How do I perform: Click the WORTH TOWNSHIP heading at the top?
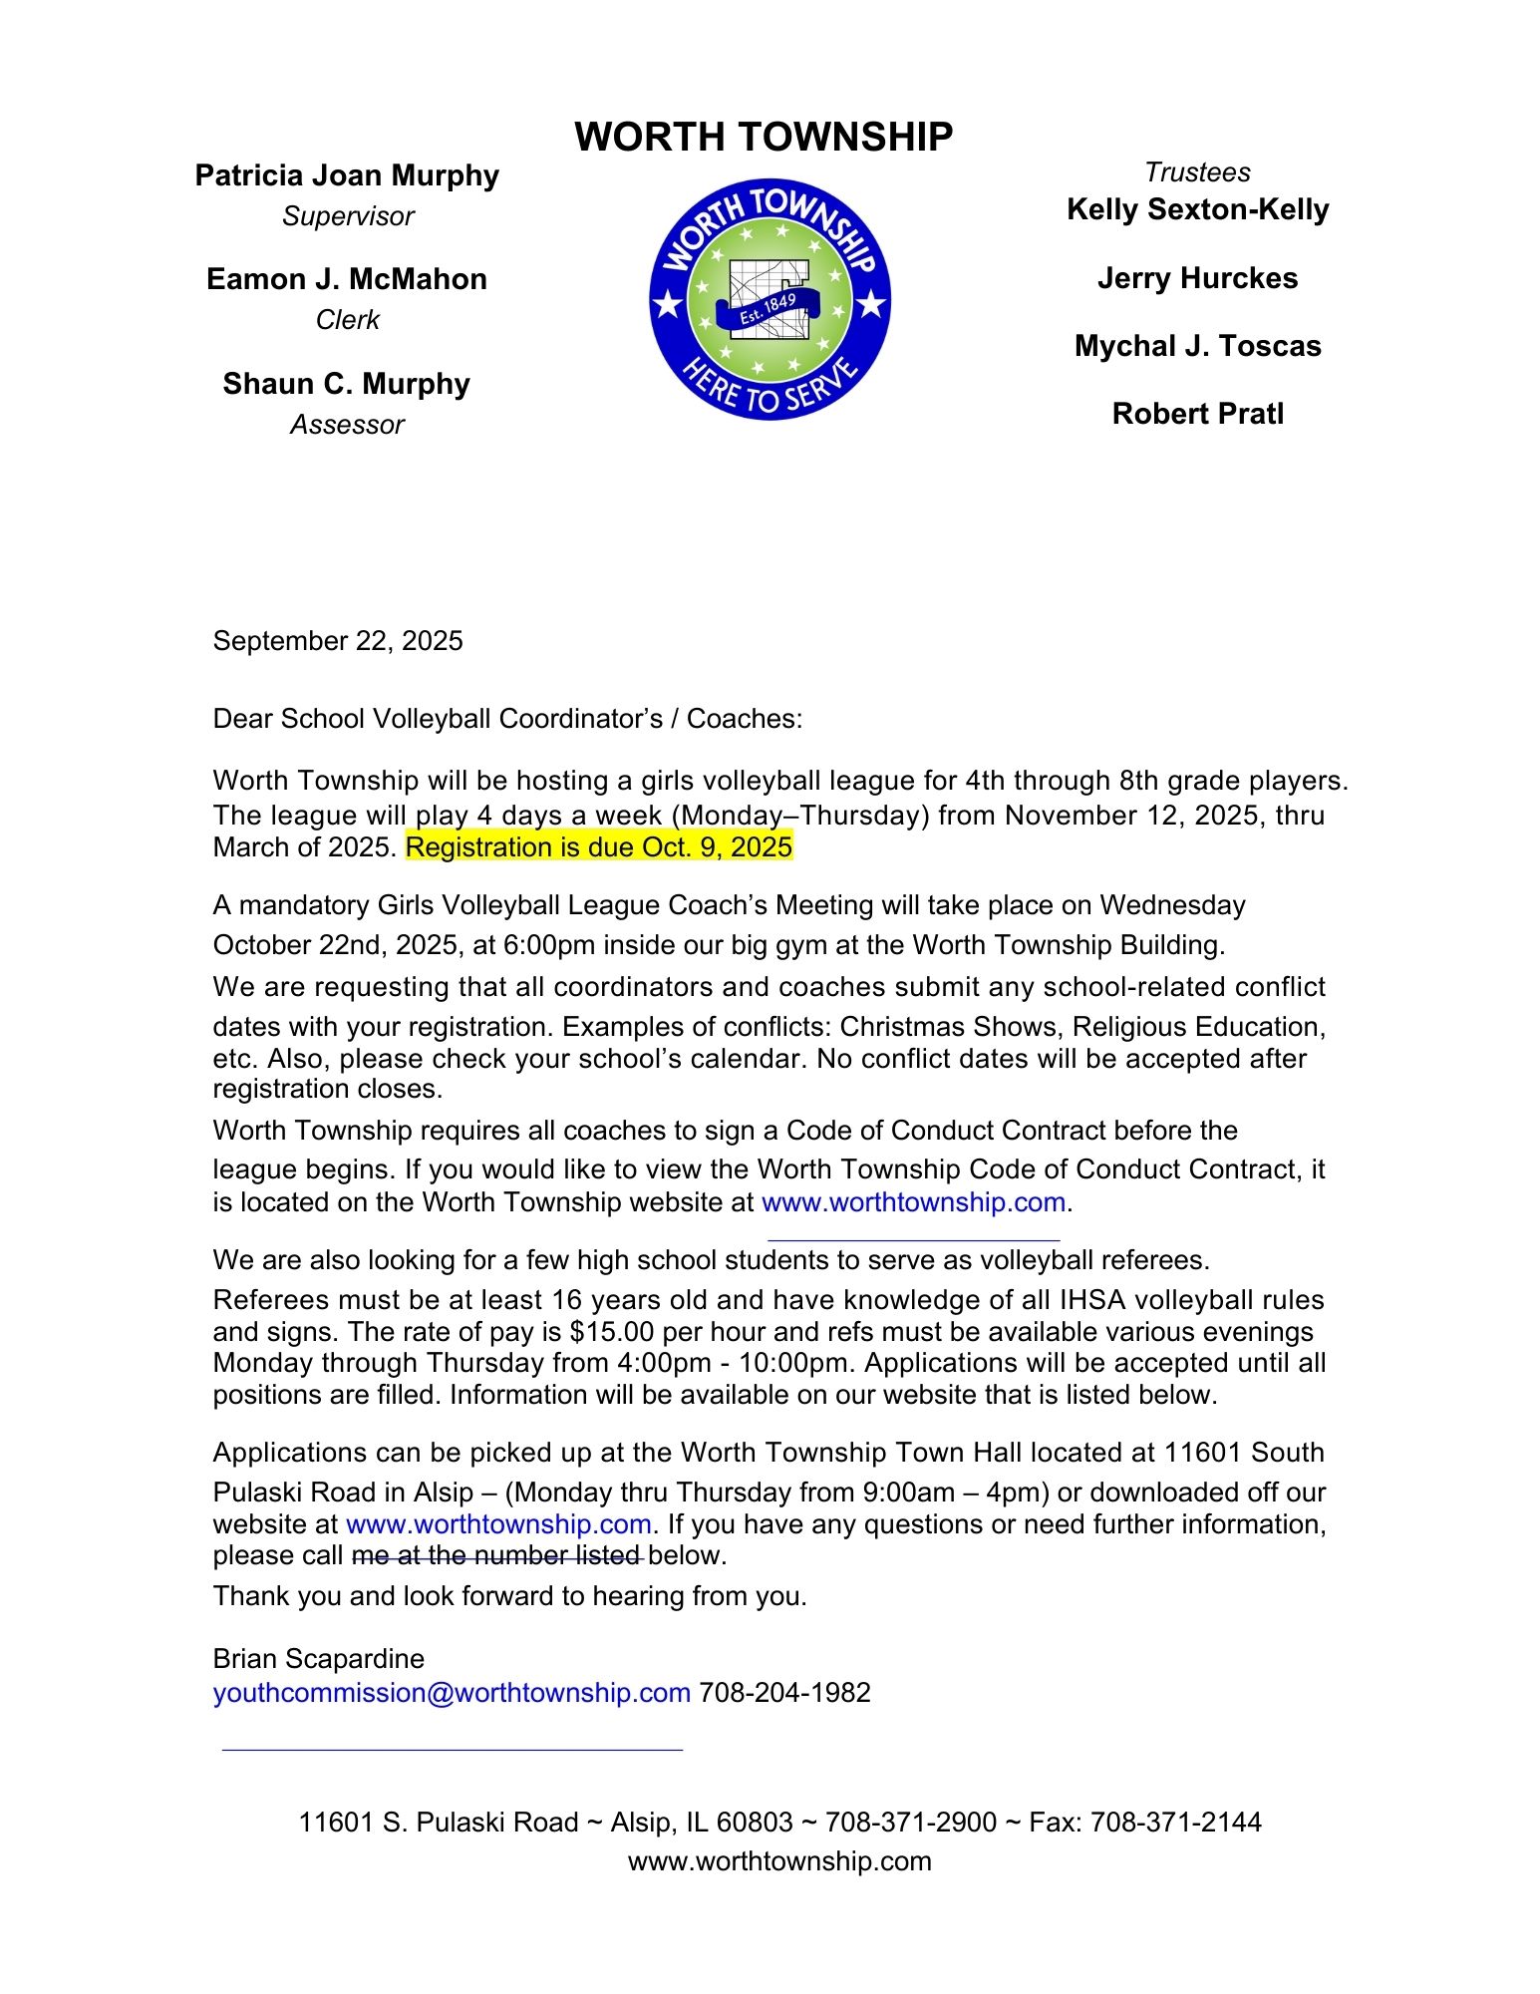click(764, 137)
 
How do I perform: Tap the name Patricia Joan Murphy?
click(347, 175)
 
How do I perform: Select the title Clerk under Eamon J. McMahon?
click(347, 320)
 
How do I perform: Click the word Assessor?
click(347, 425)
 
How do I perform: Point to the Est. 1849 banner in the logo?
click(768, 305)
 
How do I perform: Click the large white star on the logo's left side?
click(666, 303)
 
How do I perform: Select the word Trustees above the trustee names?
click(1197, 172)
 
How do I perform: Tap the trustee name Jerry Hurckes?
click(1197, 278)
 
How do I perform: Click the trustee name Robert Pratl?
click(1197, 414)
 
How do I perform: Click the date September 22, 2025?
click(338, 641)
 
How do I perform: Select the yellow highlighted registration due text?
click(599, 847)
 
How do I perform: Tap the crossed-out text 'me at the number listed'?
click(496, 1555)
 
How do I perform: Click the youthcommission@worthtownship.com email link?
click(452, 1693)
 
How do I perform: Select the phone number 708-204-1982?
click(784, 1693)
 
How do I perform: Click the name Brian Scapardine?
click(318, 1659)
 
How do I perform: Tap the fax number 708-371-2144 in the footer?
click(1175, 1823)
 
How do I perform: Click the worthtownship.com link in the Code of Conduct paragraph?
click(913, 1202)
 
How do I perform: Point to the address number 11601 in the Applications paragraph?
click(1203, 1453)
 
